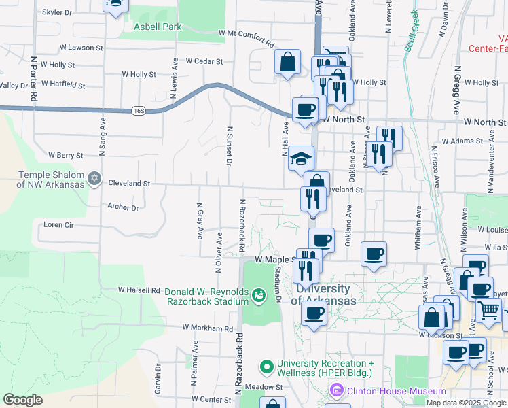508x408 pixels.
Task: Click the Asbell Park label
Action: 158,27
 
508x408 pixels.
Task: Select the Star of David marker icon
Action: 95,180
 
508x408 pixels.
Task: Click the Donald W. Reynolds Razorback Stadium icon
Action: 258,295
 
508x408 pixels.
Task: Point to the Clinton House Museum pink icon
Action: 335,391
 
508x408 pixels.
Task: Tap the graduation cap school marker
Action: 301,159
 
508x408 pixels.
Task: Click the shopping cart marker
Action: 488,310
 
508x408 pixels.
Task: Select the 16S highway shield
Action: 139,109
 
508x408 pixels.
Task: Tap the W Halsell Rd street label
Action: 138,290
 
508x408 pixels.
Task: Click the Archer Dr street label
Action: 123,207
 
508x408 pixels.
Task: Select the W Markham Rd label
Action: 207,328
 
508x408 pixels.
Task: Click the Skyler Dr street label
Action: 57,12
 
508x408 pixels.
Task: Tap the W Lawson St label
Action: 81,48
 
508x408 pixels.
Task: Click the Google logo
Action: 23,400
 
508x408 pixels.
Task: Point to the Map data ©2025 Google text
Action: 465,403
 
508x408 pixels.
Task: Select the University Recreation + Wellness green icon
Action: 266,368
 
